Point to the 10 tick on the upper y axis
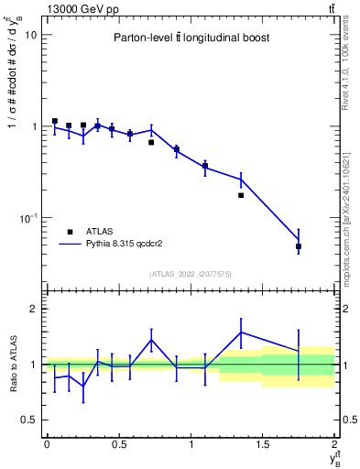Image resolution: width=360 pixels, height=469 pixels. click(x=31, y=35)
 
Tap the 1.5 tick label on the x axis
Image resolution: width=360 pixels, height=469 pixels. click(x=263, y=444)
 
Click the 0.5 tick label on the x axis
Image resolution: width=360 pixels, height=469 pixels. click(x=118, y=444)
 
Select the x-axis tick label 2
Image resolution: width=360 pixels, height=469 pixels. click(x=335, y=444)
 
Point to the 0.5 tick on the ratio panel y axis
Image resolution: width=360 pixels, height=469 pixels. click(x=29, y=420)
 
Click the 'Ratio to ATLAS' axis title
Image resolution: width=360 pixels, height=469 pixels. click(x=11, y=364)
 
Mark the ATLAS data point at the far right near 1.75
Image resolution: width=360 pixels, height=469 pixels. click(x=299, y=246)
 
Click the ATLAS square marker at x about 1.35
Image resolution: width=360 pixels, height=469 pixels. click(x=241, y=195)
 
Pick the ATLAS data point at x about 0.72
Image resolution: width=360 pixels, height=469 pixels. click(x=151, y=142)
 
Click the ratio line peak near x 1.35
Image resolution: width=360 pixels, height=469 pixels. click(x=241, y=332)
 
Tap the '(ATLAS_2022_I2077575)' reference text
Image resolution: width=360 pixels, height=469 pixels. click(x=190, y=273)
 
